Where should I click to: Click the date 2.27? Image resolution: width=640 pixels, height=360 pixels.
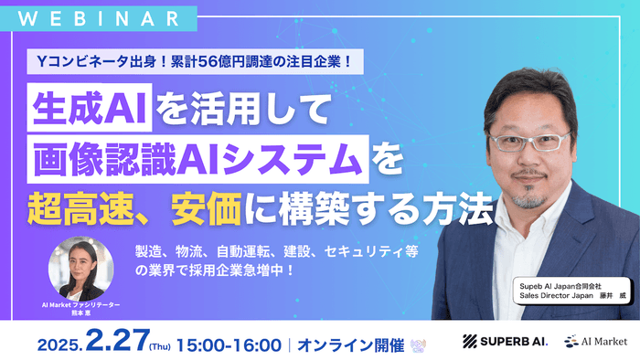pos(116,340)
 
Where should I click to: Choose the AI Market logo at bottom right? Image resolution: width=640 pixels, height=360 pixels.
pos(594,341)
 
